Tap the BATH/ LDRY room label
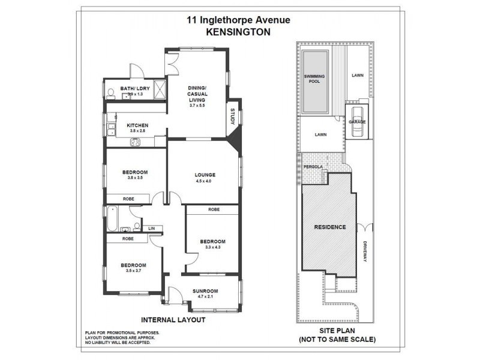(134, 89)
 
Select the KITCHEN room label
(137, 125)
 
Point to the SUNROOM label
(205, 292)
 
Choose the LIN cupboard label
(151, 229)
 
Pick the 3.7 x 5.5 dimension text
(197, 106)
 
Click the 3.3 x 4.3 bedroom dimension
(212, 247)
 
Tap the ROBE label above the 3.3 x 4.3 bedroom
(213, 210)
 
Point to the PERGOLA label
(313, 166)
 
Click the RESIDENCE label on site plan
(330, 227)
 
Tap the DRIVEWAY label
(364, 250)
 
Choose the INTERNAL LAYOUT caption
(173, 320)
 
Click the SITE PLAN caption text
(337, 331)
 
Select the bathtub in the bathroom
(112, 220)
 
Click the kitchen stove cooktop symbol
(136, 142)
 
